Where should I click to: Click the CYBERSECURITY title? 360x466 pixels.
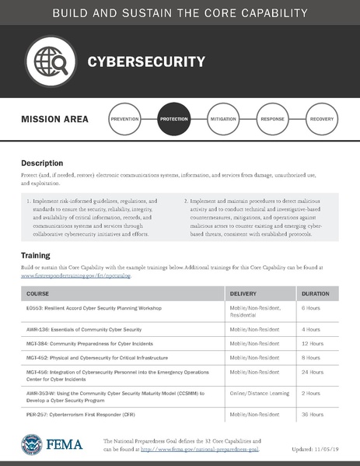pyautogui.click(x=145, y=62)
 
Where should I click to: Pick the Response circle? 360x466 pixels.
pyautogui.click(x=272, y=121)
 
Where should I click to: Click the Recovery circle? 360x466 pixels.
pyautogui.click(x=321, y=121)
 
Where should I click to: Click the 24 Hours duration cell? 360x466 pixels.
pyautogui.click(x=313, y=373)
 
